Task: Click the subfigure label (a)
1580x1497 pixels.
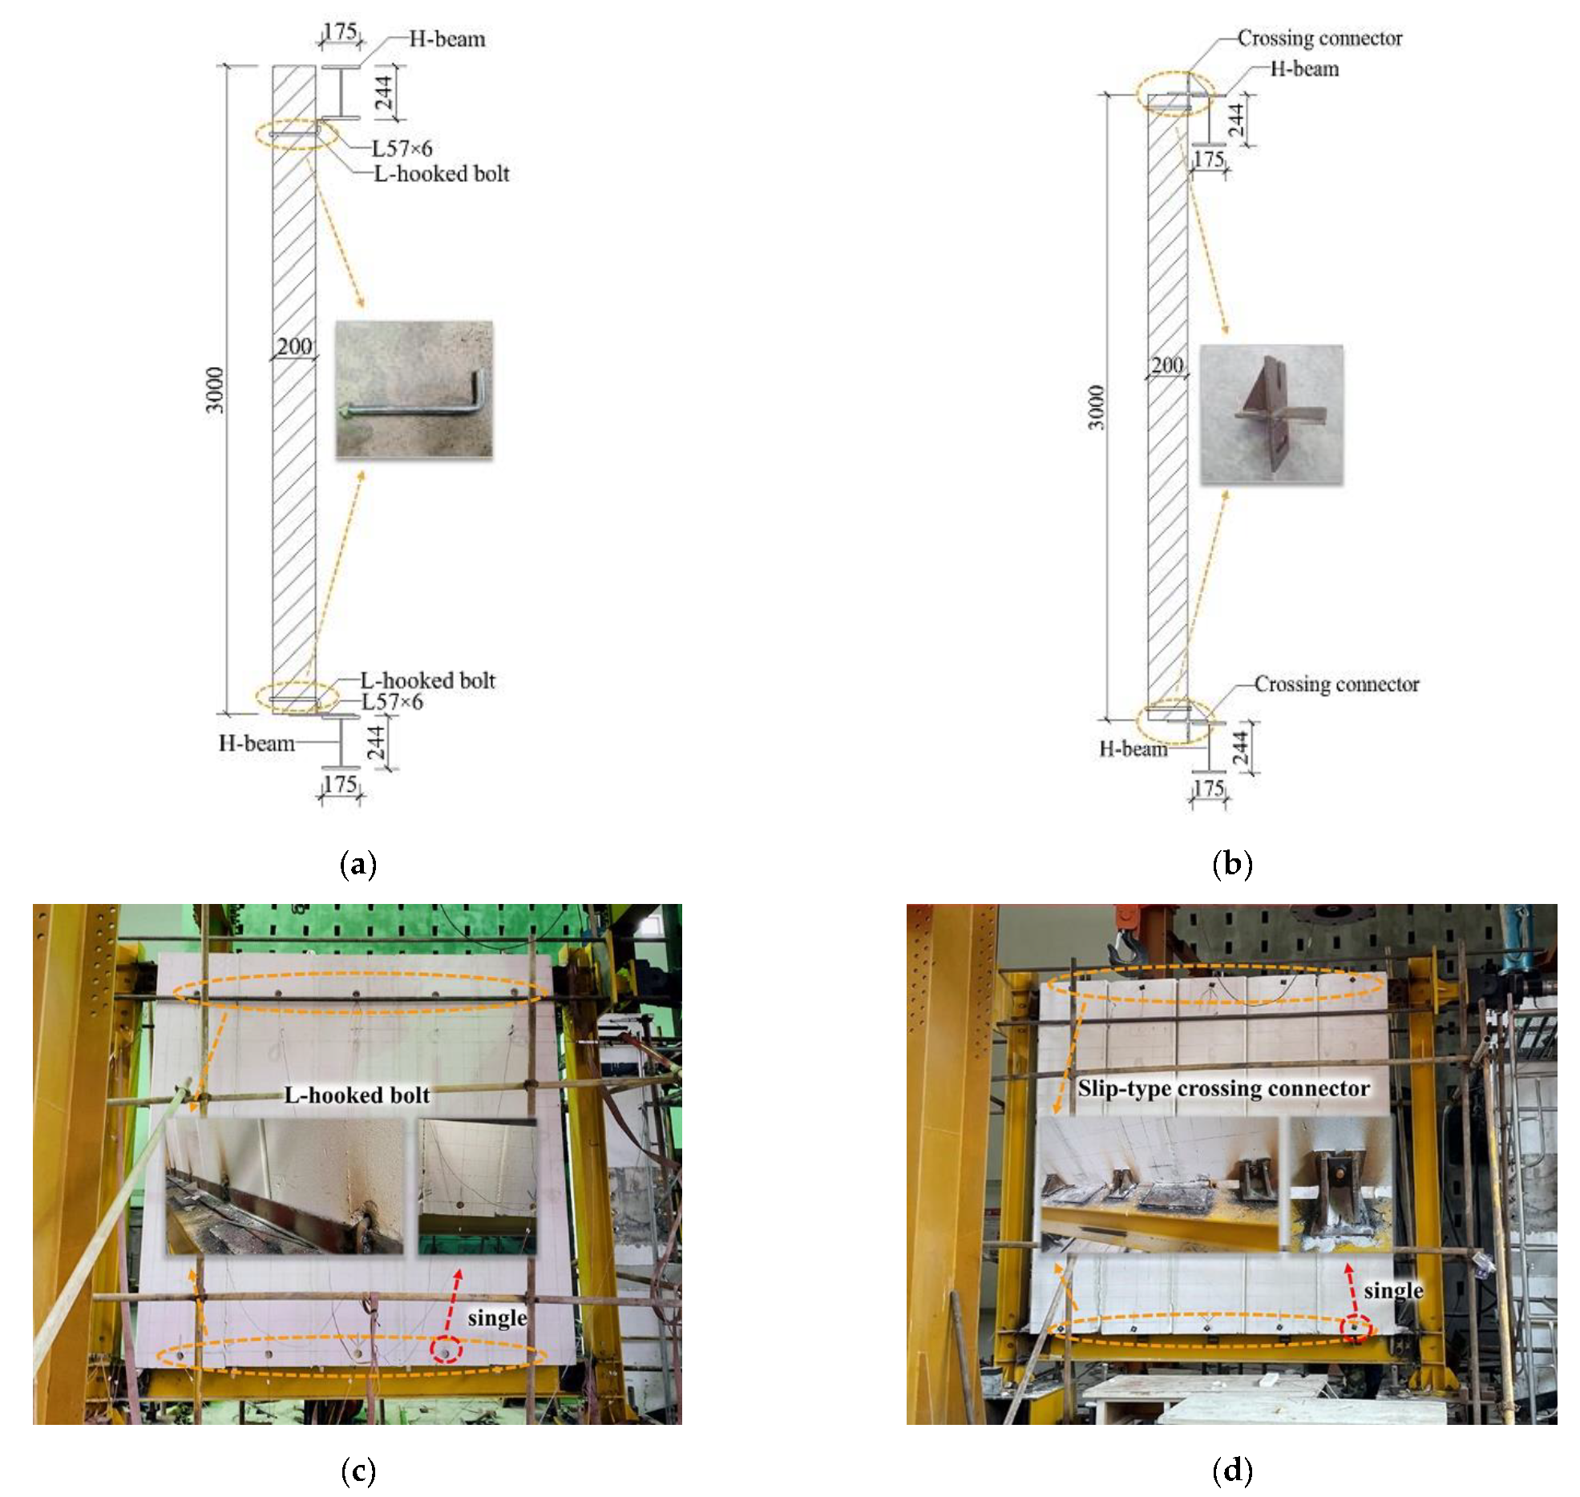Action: pyautogui.click(x=358, y=865)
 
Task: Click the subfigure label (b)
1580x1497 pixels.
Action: pyautogui.click(x=1232, y=865)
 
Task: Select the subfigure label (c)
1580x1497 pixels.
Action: pyautogui.click(x=358, y=1471)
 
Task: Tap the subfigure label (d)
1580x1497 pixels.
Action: pyautogui.click(x=1232, y=1471)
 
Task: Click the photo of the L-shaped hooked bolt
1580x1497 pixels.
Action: pyautogui.click(x=414, y=389)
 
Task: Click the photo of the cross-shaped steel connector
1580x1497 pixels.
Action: pyautogui.click(x=1271, y=414)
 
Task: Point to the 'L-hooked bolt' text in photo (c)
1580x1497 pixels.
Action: pyautogui.click(x=357, y=1096)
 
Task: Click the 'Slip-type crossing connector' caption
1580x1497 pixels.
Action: pyautogui.click(x=1223, y=1088)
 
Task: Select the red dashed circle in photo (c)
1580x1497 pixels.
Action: pyautogui.click(x=447, y=1350)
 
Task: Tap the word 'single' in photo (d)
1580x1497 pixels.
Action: pyautogui.click(x=1394, y=1291)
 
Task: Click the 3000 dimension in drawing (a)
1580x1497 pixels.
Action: pyautogui.click(x=215, y=390)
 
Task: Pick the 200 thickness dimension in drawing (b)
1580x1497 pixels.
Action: pyautogui.click(x=1167, y=365)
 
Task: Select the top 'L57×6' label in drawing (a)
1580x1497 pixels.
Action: pyautogui.click(x=402, y=148)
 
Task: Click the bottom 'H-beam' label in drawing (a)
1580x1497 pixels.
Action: pyautogui.click(x=257, y=744)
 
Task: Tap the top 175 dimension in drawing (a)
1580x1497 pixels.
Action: pyautogui.click(x=340, y=31)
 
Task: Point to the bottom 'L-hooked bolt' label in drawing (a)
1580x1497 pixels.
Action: pyautogui.click(x=428, y=680)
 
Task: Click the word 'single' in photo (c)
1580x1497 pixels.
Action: pyautogui.click(x=497, y=1318)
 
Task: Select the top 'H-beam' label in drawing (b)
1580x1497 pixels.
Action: pyautogui.click(x=1304, y=69)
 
